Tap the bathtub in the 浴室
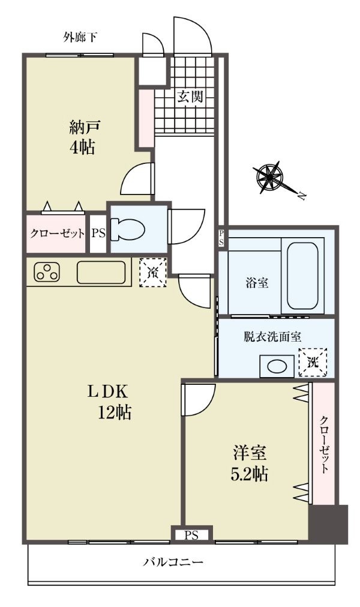303,276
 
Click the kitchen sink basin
101,272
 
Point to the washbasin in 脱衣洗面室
277,366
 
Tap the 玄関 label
190,96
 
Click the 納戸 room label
85,127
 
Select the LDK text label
107,392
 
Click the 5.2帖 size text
249,474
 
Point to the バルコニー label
173,562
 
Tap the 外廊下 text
80,37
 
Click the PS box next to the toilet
98,234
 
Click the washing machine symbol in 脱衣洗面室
313,363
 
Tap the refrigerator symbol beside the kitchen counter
153,273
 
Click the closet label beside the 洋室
324,445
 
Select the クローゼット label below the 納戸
57,234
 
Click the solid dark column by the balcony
328,524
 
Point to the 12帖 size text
114,413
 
